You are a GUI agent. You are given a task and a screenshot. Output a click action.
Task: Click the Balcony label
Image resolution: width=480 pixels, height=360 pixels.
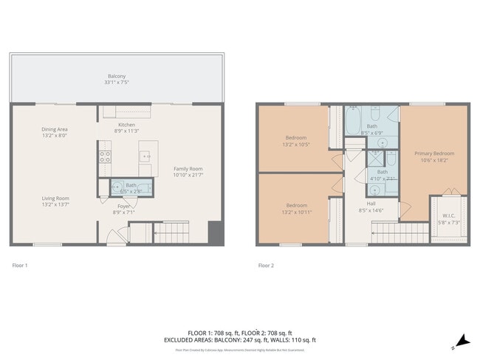pos(117,76)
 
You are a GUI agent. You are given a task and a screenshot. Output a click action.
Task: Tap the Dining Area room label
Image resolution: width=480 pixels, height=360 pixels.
pos(55,129)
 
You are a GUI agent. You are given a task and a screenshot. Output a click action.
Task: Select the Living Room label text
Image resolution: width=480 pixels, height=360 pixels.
pos(55,198)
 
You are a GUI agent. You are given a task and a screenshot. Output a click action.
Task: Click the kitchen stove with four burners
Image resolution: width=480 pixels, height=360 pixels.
pos(105,156)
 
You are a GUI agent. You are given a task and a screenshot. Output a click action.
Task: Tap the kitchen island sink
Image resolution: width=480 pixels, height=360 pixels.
pos(145,156)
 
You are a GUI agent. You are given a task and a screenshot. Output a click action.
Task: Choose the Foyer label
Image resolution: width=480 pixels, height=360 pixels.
pos(123,207)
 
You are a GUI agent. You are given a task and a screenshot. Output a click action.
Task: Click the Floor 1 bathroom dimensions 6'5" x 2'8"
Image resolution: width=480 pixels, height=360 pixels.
pos(131,191)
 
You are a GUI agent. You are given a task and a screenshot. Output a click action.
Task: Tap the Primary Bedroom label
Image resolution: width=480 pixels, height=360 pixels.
pos(433,153)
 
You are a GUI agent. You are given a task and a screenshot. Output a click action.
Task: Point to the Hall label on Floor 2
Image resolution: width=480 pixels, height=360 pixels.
pos(372,205)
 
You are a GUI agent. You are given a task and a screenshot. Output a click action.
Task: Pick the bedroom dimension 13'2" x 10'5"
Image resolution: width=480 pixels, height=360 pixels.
pos(295,143)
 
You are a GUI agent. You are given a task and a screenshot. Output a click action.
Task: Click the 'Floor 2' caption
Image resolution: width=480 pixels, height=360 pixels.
pos(266,265)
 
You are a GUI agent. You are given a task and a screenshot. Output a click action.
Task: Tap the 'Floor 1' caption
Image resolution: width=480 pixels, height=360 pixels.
pos(20,265)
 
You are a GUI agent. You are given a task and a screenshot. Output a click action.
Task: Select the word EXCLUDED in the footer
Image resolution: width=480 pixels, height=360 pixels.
pos(183,340)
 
